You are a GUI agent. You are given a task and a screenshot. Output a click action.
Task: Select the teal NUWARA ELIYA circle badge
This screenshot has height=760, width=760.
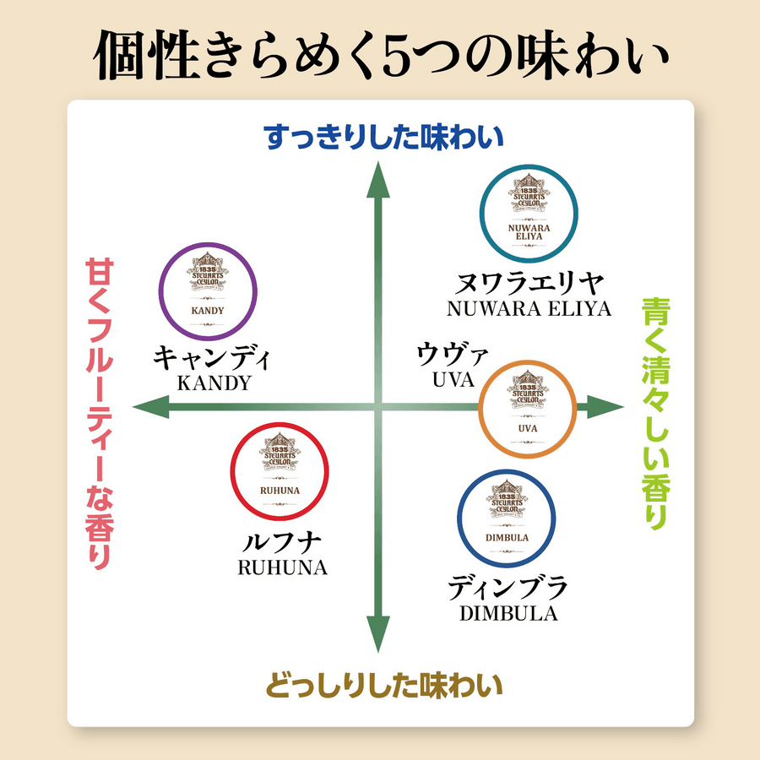pos(529,213)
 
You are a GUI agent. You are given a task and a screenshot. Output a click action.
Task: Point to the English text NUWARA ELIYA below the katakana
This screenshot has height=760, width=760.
pos(529,308)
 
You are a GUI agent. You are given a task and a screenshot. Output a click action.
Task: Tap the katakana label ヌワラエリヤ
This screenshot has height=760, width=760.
pos(529,282)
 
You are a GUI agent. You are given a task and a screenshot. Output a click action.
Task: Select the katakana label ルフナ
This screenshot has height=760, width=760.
pos(282,541)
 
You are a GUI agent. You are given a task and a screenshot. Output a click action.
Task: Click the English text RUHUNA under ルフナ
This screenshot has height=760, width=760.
pos(282,567)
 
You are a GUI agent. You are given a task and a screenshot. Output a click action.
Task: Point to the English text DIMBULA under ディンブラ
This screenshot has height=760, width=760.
pos(508,614)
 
